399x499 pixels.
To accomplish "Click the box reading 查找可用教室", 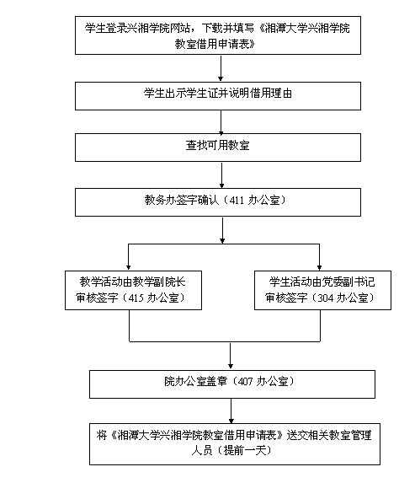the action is click(218, 148).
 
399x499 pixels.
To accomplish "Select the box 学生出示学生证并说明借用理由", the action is click(218, 96).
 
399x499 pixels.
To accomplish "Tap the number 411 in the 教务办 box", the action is click(237, 200).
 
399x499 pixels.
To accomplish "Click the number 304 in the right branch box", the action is click(326, 298).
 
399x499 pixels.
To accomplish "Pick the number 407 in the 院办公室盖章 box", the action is click(245, 381).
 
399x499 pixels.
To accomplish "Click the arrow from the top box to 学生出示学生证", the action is click(221, 68).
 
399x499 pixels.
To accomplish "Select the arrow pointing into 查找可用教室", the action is click(221, 122).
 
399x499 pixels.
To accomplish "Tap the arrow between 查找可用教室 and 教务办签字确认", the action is click(221, 175).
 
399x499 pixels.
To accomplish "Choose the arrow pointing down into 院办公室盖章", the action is click(231, 356).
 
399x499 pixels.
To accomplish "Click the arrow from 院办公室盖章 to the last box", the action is click(231, 410).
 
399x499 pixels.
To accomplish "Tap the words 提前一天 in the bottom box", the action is click(244, 450).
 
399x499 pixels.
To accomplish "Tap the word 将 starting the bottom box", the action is click(102, 435).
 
